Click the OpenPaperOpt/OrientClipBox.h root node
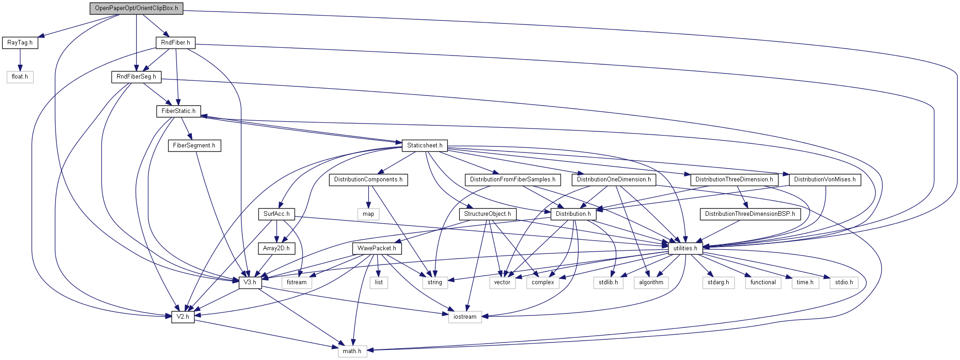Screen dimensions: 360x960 (x=136, y=8)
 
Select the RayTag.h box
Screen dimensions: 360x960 (x=20, y=43)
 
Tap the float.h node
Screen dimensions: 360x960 (x=20, y=77)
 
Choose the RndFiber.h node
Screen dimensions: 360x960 (x=175, y=43)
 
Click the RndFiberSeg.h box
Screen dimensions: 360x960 (x=136, y=77)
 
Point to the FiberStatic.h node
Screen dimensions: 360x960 (x=178, y=111)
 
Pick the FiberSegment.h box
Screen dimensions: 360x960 (x=194, y=146)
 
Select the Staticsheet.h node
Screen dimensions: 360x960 (x=425, y=146)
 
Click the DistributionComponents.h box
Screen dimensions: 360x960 (x=368, y=180)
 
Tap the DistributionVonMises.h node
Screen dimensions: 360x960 (x=825, y=180)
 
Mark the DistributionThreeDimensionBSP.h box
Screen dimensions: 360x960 (x=750, y=214)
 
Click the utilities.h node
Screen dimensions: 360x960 (x=685, y=248)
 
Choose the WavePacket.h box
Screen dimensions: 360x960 (x=376, y=248)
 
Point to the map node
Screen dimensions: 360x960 (x=368, y=214)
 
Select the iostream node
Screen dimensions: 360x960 (x=465, y=317)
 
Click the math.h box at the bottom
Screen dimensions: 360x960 (x=352, y=351)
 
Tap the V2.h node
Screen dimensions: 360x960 (x=183, y=317)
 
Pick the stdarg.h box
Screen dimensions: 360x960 (x=718, y=282)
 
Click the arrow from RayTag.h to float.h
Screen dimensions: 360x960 (x=20, y=60)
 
